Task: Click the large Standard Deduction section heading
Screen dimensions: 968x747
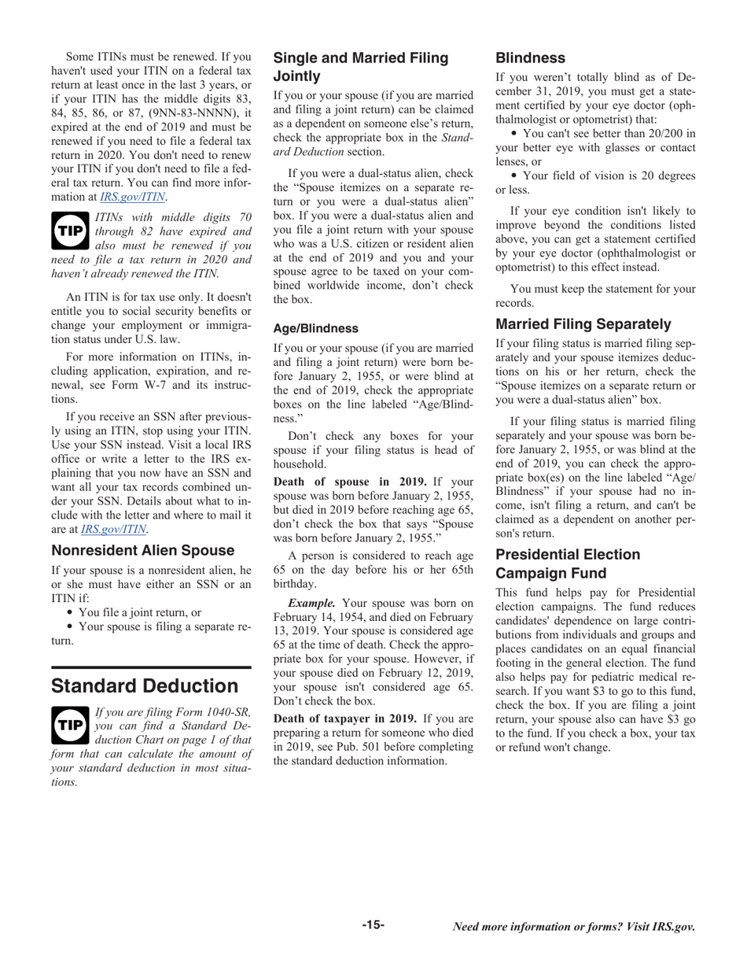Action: pos(145,685)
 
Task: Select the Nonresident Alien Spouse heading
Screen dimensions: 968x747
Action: pos(142,550)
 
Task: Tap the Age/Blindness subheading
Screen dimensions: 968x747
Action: pos(315,328)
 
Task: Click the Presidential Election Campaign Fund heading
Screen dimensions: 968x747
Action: pos(567,564)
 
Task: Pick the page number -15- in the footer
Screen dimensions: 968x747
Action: pos(373,925)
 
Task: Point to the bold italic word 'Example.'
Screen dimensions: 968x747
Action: pos(311,603)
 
